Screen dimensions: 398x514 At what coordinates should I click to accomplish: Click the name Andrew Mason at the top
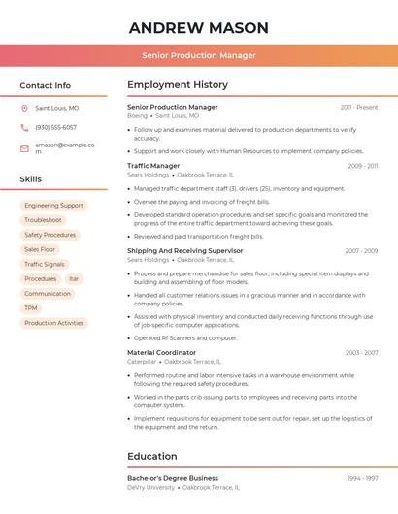point(198,27)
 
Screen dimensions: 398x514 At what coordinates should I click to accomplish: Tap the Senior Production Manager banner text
point(198,55)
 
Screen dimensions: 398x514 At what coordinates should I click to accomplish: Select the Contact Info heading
point(45,85)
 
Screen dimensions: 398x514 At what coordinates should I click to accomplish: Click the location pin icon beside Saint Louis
point(24,109)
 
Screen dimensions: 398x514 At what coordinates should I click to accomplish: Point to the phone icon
point(24,127)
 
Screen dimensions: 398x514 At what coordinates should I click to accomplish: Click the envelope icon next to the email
point(24,148)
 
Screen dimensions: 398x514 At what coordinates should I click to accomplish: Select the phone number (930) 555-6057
point(55,127)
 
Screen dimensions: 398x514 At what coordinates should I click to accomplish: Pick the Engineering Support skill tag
point(53,206)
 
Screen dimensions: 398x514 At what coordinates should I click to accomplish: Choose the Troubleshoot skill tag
point(43,220)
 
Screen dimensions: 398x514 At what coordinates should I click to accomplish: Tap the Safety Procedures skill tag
point(50,235)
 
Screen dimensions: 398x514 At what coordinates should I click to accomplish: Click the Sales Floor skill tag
point(40,249)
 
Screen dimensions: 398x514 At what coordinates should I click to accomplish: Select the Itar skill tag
point(74,278)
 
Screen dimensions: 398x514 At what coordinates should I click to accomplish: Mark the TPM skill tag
point(31,308)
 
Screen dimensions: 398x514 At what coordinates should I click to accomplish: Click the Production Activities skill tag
point(53,323)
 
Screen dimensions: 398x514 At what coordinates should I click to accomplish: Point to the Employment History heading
point(178,85)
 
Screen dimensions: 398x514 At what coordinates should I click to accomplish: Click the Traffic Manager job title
point(153,166)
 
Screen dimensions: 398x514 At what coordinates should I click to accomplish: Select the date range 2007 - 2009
point(361,251)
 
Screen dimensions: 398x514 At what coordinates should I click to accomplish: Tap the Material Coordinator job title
point(161,353)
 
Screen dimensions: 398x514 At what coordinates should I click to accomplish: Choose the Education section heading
point(151,456)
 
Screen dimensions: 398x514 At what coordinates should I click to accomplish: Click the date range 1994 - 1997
point(363,478)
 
